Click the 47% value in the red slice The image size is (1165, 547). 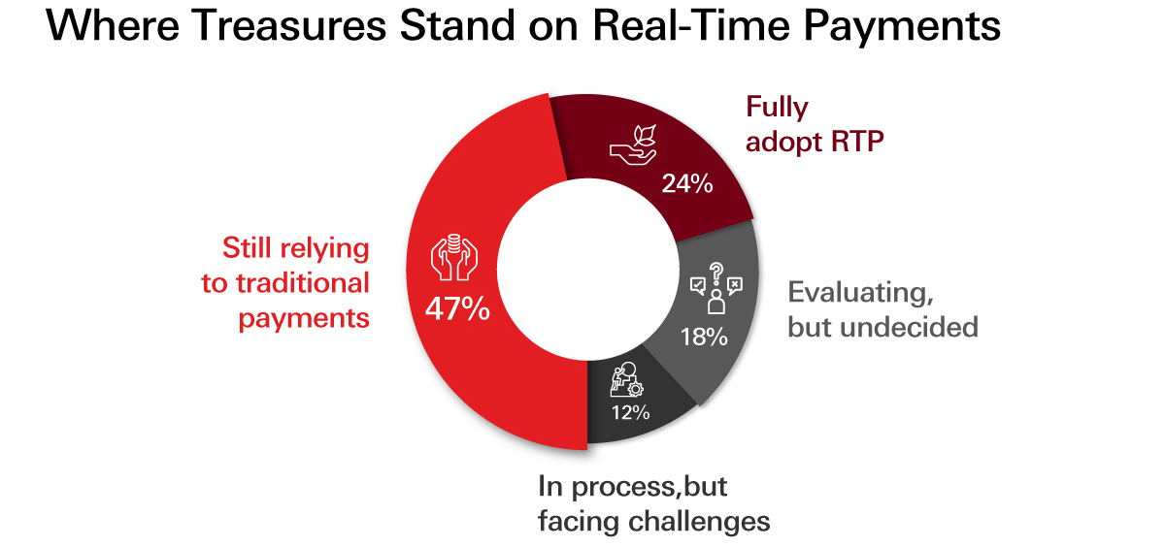click(456, 312)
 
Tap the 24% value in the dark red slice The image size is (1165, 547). click(687, 184)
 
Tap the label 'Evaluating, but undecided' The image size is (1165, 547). click(882, 308)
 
